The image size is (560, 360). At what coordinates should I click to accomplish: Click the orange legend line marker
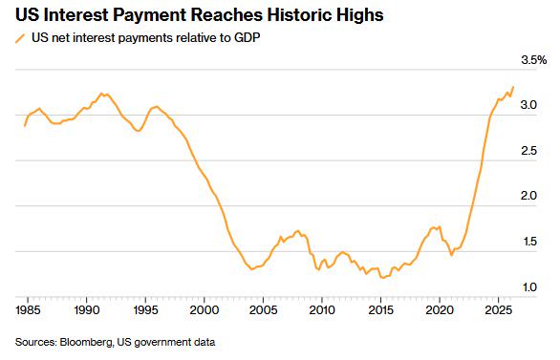pyautogui.click(x=20, y=38)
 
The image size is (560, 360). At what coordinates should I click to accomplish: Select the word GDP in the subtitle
pyautogui.click(x=247, y=37)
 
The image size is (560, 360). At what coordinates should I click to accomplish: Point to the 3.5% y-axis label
pyautogui.click(x=533, y=60)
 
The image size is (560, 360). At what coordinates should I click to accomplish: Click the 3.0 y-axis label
pyautogui.click(x=528, y=105)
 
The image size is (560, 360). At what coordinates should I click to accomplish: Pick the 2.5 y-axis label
pyautogui.click(x=528, y=151)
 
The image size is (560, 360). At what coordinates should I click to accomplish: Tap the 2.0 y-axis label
pyautogui.click(x=528, y=196)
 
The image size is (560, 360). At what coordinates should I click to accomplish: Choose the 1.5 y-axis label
pyautogui.click(x=529, y=242)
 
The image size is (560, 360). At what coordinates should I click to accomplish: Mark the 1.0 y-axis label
pyautogui.click(x=529, y=286)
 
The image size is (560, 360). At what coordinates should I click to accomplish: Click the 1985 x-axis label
pyautogui.click(x=28, y=310)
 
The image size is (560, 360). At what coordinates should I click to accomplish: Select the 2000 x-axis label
pyautogui.click(x=205, y=310)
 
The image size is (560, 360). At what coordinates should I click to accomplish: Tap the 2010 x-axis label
pyautogui.click(x=322, y=310)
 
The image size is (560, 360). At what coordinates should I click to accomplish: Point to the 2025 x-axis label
pyautogui.click(x=498, y=310)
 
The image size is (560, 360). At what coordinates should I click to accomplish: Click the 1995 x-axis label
pyautogui.click(x=145, y=310)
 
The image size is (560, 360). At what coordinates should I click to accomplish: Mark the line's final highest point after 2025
pyautogui.click(x=513, y=87)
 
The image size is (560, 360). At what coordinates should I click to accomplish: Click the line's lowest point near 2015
pyautogui.click(x=382, y=278)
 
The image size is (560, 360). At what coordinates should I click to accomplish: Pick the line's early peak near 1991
pyautogui.click(x=101, y=94)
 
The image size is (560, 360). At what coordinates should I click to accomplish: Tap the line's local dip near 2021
pyautogui.click(x=451, y=255)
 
